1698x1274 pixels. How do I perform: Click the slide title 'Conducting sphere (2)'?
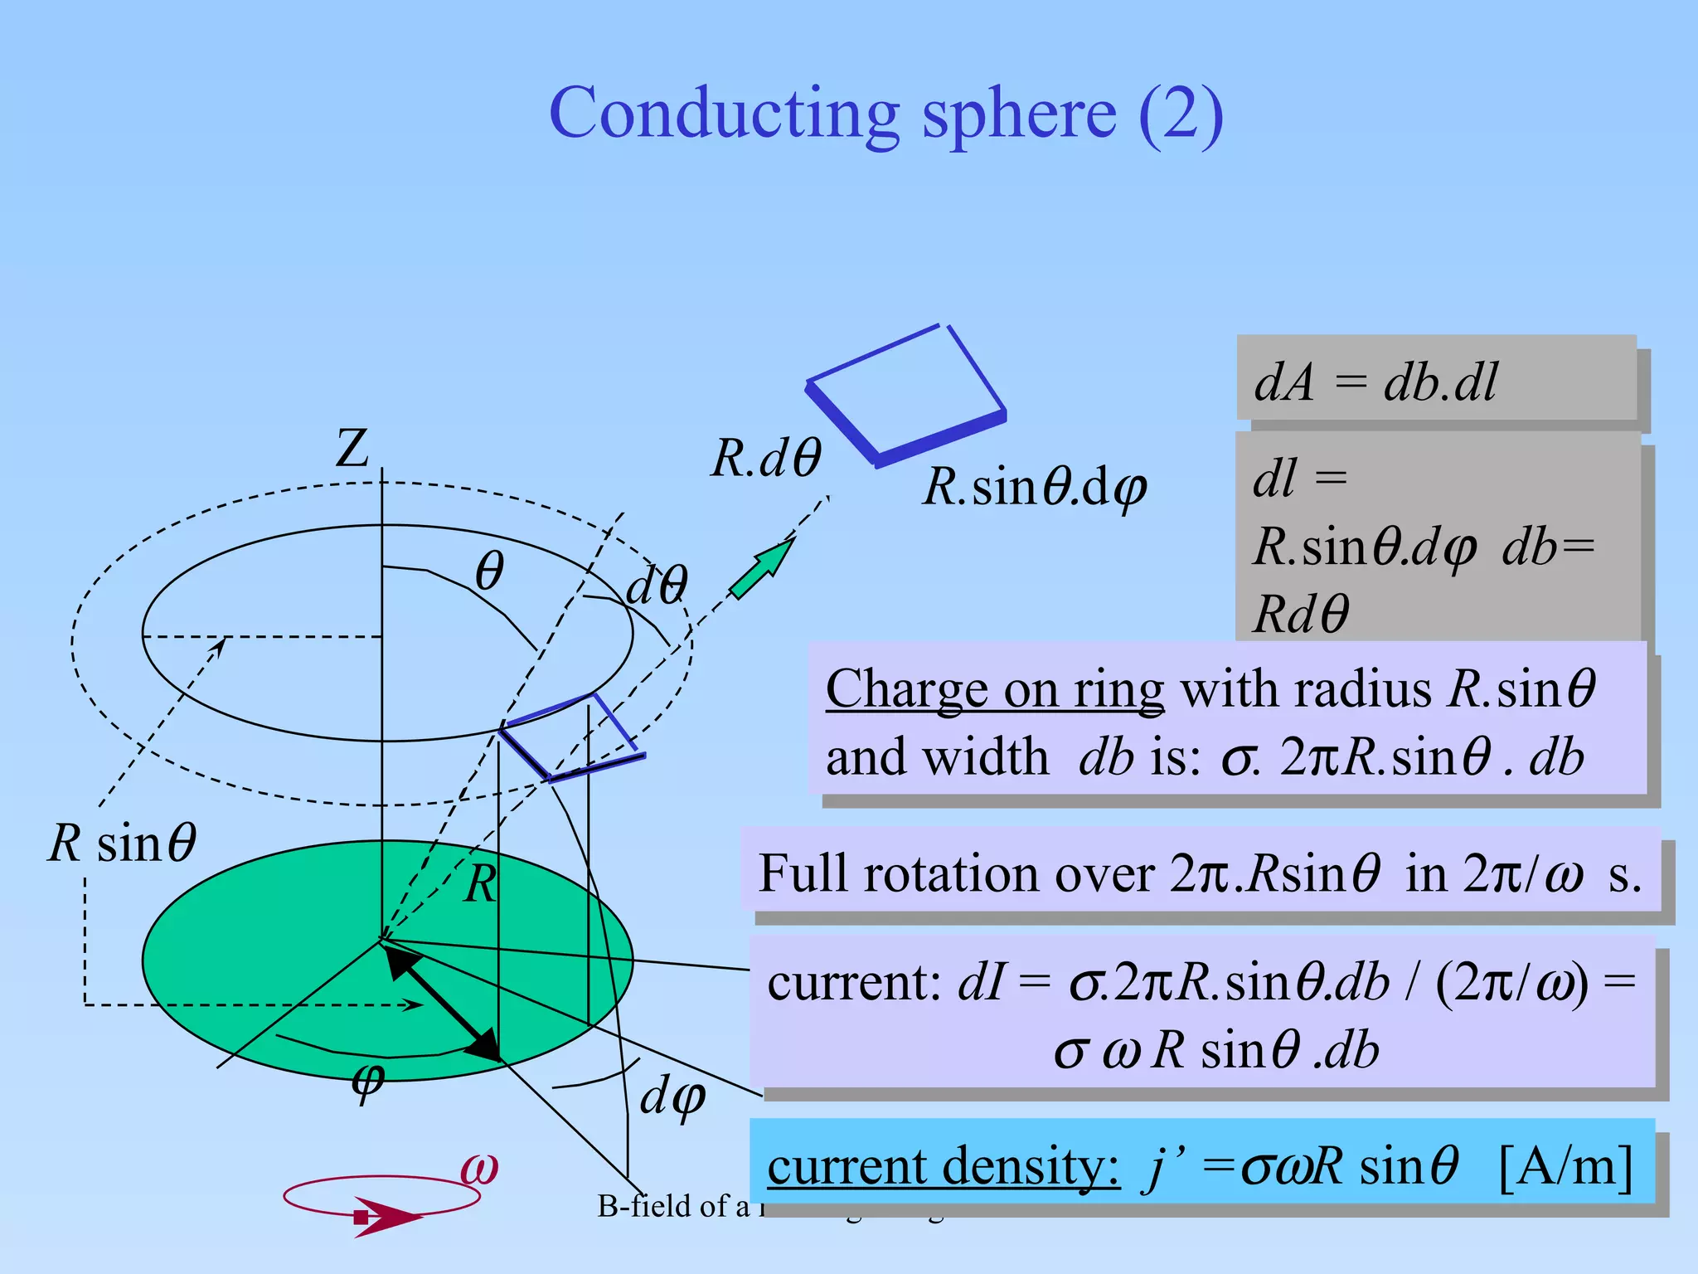click(x=885, y=114)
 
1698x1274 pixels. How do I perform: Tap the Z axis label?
click(x=352, y=450)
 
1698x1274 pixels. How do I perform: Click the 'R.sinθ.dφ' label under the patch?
click(x=1035, y=487)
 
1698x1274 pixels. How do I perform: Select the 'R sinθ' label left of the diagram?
click(x=123, y=844)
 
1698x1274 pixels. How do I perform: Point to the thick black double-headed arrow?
click(x=444, y=1004)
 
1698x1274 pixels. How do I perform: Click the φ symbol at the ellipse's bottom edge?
click(x=368, y=1081)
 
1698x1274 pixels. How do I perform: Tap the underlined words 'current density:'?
click(x=944, y=1166)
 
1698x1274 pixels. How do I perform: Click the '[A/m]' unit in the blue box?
click(x=1565, y=1166)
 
